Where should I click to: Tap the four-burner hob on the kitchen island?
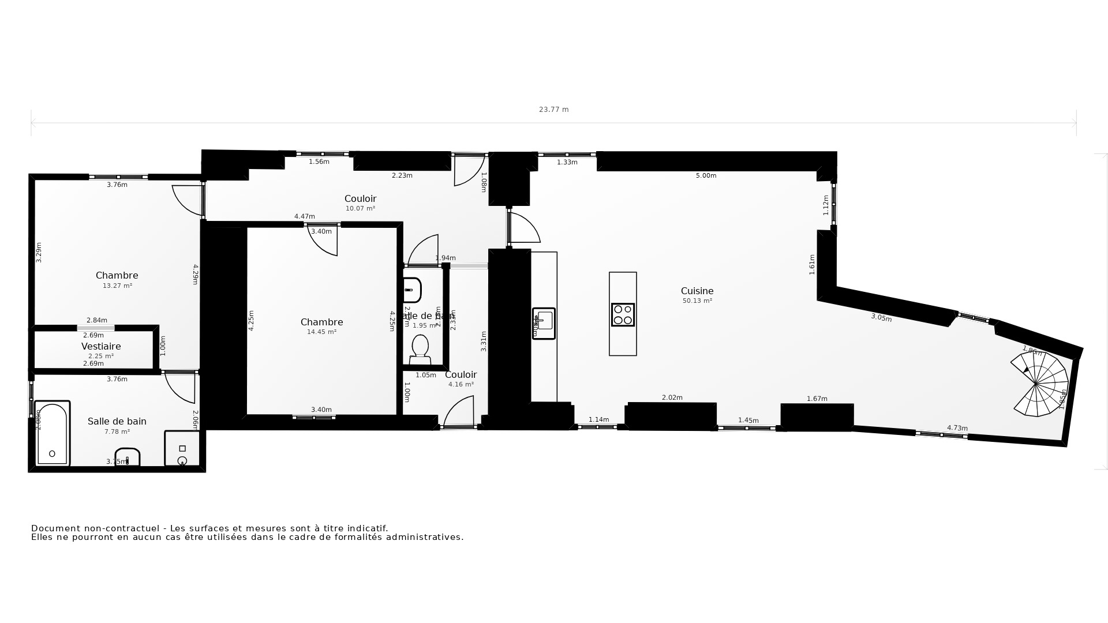[623, 315]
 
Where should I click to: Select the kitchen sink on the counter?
[544, 323]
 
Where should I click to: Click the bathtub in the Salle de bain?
[52, 433]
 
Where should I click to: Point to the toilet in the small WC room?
[420, 350]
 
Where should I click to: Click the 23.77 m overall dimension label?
[553, 110]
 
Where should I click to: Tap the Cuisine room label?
[697, 291]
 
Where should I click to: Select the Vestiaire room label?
[101, 347]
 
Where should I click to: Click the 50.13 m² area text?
[697, 301]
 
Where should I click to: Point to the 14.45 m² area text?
[321, 332]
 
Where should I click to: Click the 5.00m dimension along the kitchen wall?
[706, 175]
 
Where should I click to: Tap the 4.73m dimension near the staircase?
[957, 428]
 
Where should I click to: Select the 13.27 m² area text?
[117, 286]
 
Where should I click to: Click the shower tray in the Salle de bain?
[182, 449]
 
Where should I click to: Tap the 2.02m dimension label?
[672, 397]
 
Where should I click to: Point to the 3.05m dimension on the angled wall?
[881, 318]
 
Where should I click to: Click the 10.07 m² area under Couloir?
[360, 209]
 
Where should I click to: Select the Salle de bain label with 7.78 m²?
[117, 422]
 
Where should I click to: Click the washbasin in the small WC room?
[412, 290]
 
